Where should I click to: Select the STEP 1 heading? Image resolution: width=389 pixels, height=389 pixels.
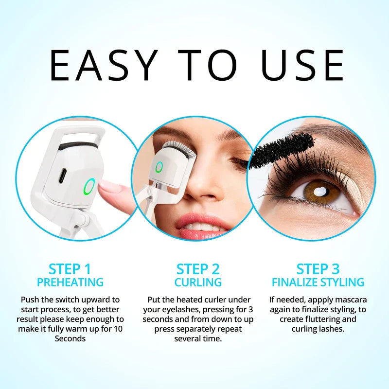70,269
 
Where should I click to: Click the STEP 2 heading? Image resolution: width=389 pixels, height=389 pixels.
198,269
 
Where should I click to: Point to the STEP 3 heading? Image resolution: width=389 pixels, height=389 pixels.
318,269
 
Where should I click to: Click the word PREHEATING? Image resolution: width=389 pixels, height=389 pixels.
70,282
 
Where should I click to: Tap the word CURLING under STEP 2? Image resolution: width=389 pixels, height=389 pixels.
198,282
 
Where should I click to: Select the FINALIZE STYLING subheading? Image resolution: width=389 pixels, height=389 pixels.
318,282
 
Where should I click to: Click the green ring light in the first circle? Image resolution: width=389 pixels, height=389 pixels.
89,185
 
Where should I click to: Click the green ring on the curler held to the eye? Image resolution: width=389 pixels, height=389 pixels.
159,168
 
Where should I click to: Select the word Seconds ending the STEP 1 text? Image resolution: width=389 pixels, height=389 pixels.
70,338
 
